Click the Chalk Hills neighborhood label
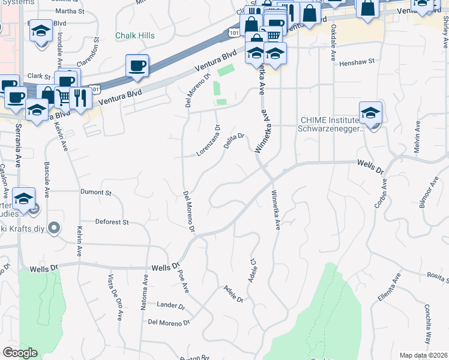click(x=135, y=35)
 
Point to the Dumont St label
click(x=96, y=193)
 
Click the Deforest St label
click(x=112, y=222)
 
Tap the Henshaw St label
click(x=357, y=62)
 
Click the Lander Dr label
click(x=170, y=305)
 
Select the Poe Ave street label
click(x=183, y=281)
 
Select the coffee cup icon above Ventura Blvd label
click(x=137, y=65)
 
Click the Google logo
click(x=20, y=353)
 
